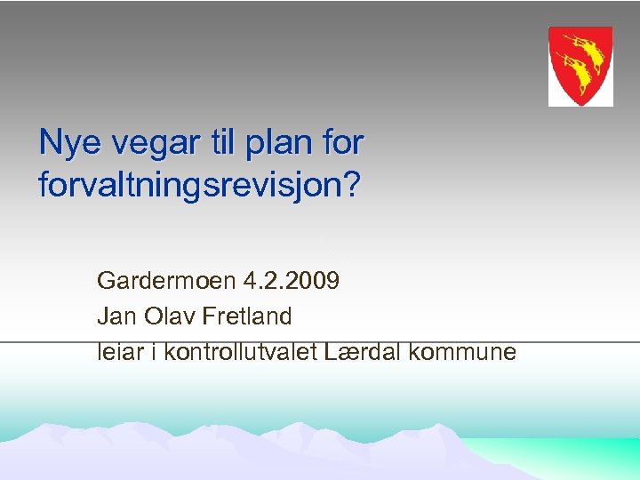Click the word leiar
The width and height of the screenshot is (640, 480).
coord(119,351)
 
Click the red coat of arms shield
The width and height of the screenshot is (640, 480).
coord(580,67)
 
